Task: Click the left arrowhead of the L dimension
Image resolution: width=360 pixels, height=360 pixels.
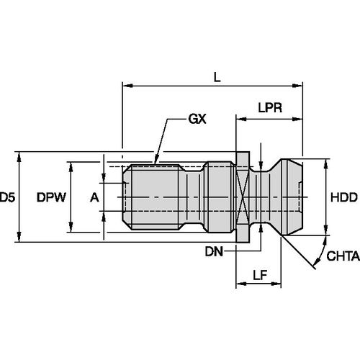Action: [x=127, y=87]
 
